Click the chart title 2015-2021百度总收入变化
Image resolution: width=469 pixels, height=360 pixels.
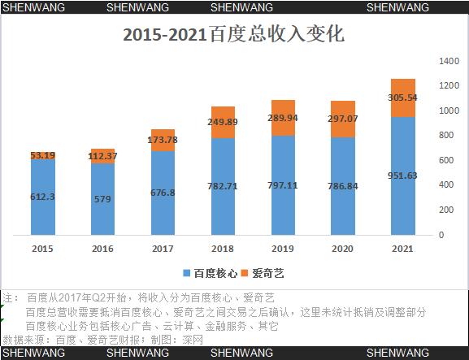click(x=233, y=36)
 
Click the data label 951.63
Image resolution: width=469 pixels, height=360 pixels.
click(x=403, y=175)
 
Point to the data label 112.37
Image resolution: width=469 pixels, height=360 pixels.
click(x=102, y=156)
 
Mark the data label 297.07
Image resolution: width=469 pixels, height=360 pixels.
click(x=343, y=119)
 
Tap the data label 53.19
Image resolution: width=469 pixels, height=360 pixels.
click(x=42, y=155)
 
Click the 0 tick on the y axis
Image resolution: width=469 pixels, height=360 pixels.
click(x=441, y=235)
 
